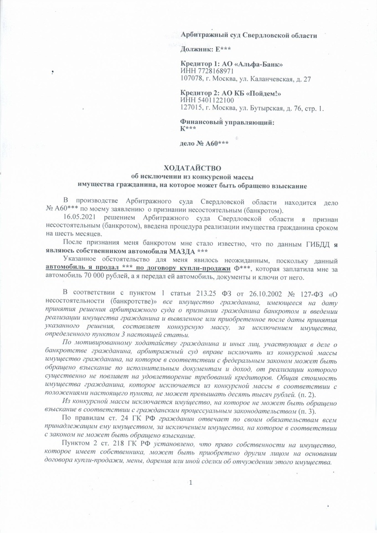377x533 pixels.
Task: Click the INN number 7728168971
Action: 211,72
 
